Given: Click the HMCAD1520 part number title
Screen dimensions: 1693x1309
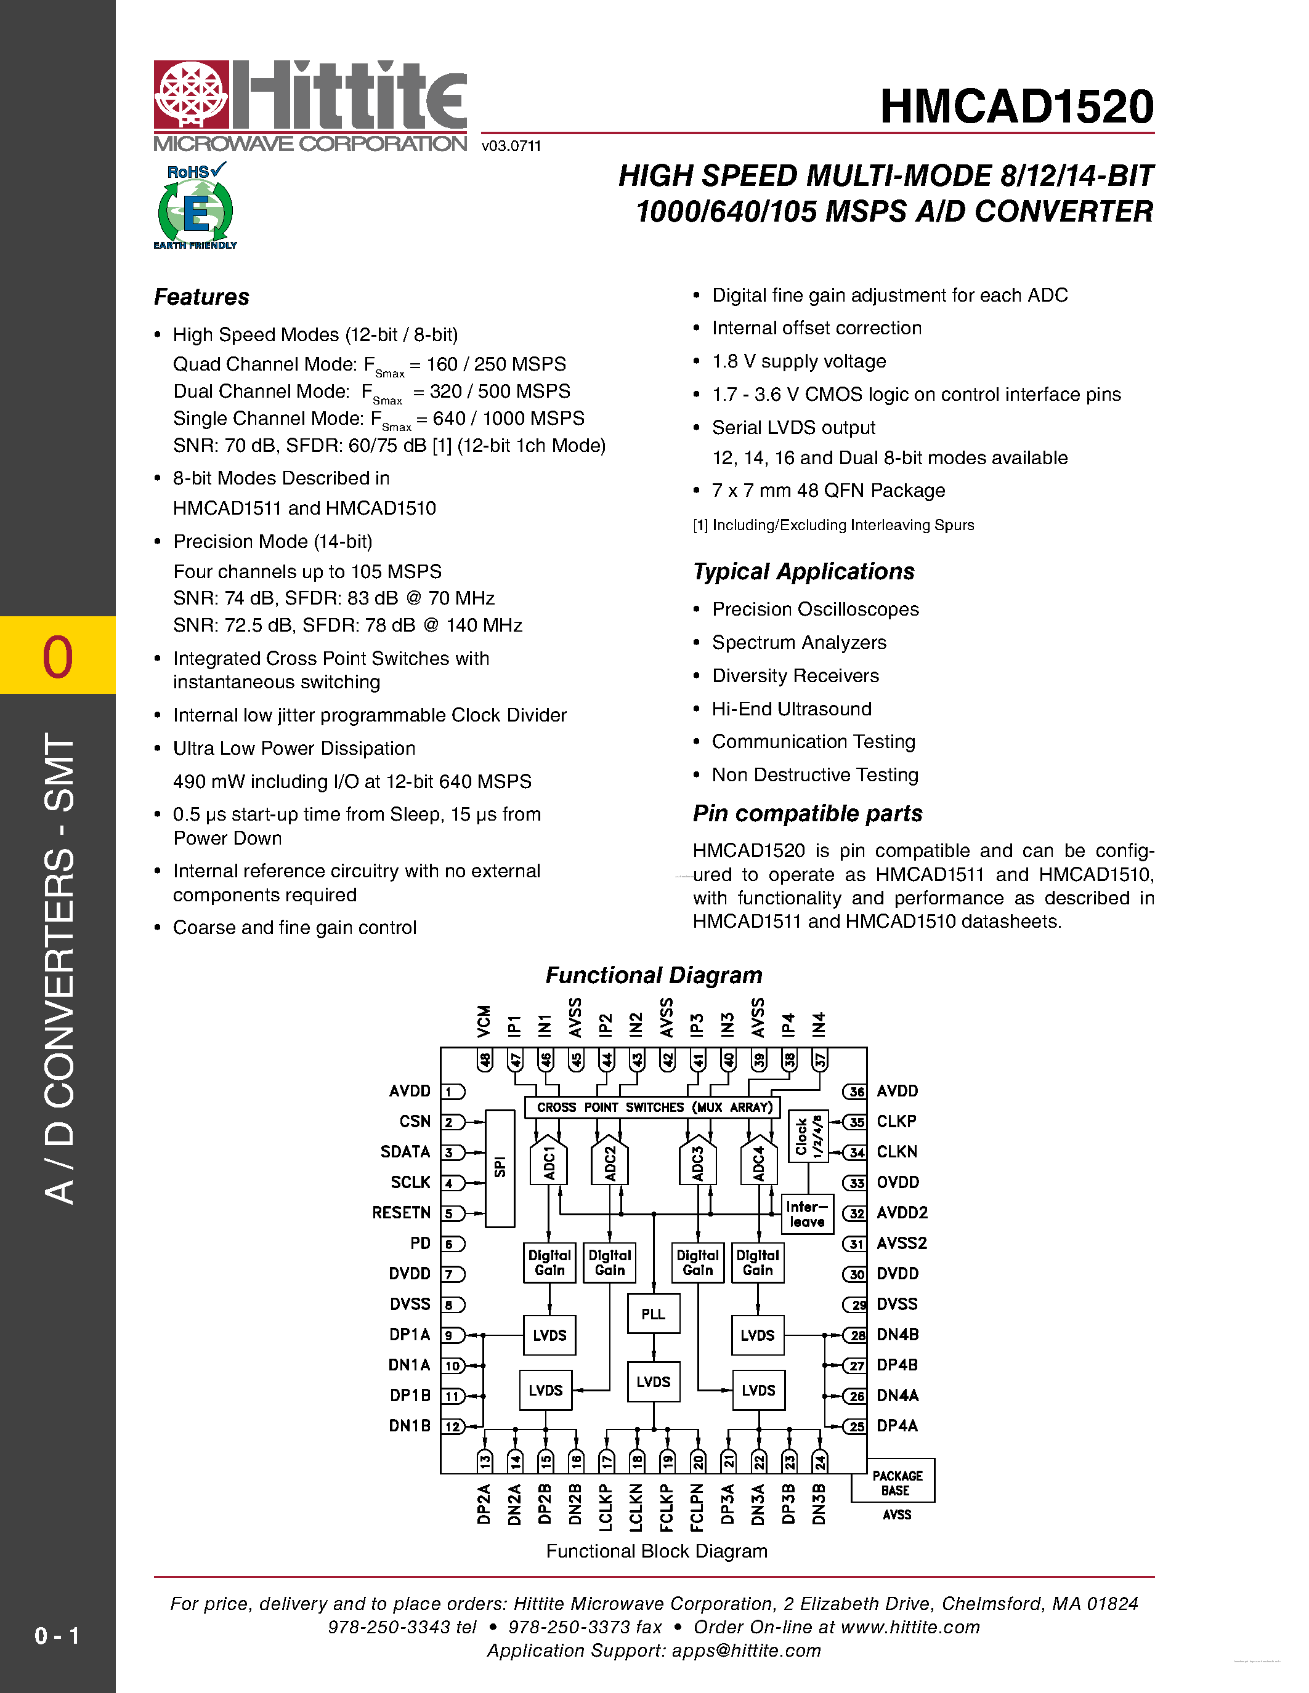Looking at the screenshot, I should [x=1016, y=107].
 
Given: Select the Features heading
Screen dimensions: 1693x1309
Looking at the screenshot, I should [x=201, y=297].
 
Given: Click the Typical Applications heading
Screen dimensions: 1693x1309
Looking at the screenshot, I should [x=803, y=571].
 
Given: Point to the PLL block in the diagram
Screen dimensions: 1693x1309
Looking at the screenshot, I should [x=653, y=1314].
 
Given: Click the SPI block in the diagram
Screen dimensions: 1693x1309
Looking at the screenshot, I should [x=500, y=1167].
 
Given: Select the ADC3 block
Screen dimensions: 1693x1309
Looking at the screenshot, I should [x=697, y=1163].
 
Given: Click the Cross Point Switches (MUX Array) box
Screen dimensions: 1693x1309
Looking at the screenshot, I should [x=653, y=1107].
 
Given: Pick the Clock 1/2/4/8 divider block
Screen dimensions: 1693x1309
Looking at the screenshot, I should [x=808, y=1136].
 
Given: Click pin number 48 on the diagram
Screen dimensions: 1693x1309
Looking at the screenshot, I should [x=485, y=1060].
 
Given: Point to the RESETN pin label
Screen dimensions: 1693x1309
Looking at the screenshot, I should [x=401, y=1212].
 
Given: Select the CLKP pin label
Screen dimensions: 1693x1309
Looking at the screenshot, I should [x=896, y=1122].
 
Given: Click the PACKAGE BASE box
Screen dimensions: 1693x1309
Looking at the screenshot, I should [x=896, y=1483].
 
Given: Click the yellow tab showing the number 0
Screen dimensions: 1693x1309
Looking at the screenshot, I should [x=58, y=655].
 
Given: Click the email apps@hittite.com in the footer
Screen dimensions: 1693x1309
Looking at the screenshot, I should [x=746, y=1651].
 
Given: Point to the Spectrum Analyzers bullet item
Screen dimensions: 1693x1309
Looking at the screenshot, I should [x=799, y=643].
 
